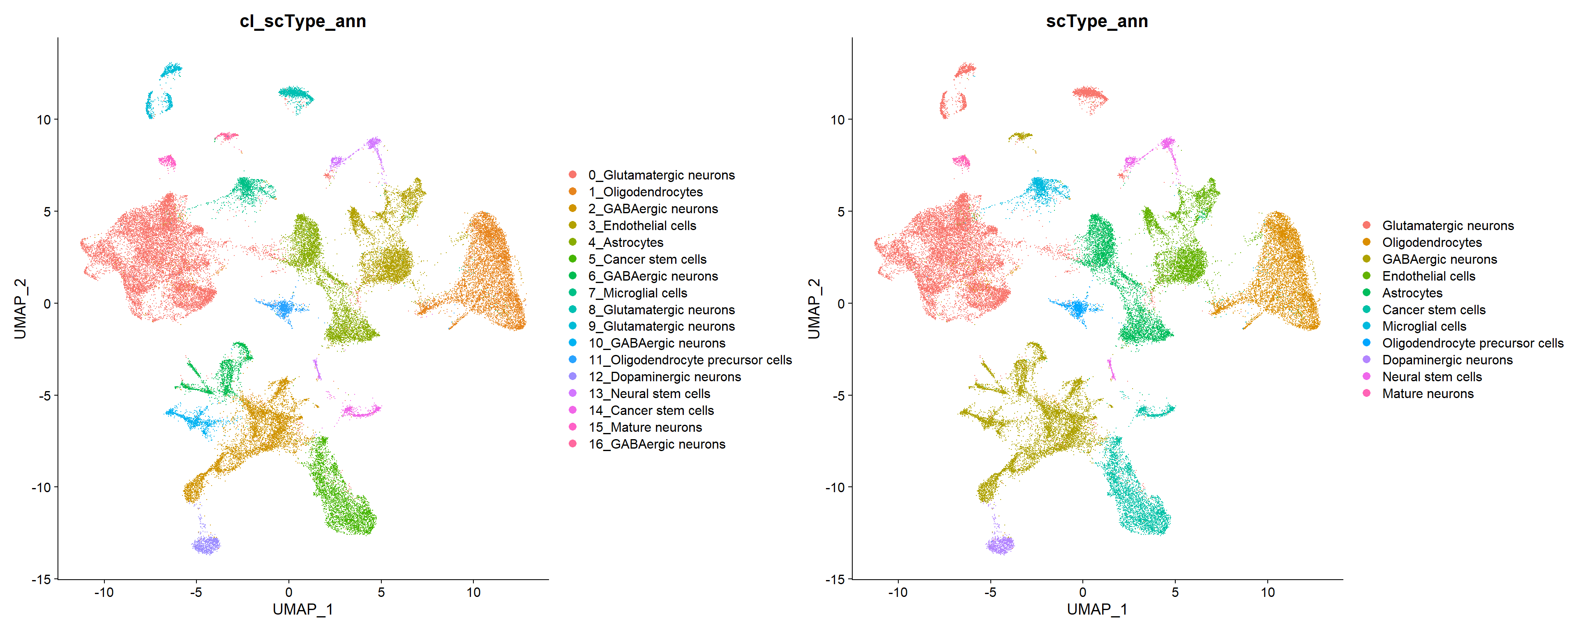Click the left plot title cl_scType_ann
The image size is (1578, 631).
302,21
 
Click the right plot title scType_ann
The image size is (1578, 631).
1096,21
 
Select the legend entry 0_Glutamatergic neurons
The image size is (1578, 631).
661,175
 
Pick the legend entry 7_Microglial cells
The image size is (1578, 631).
637,293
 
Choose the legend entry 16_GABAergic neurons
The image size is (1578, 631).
656,444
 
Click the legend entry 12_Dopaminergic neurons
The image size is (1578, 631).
664,377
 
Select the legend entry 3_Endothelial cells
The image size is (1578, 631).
642,226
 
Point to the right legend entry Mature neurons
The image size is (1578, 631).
1427,394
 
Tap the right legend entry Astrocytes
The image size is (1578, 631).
1412,293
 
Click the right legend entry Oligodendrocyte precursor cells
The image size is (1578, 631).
1472,343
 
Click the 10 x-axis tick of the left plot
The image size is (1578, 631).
473,592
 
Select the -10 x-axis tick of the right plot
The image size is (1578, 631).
897,592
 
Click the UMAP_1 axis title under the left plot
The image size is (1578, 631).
302,610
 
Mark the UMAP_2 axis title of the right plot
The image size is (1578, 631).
814,308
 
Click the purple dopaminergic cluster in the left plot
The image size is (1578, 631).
206,544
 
